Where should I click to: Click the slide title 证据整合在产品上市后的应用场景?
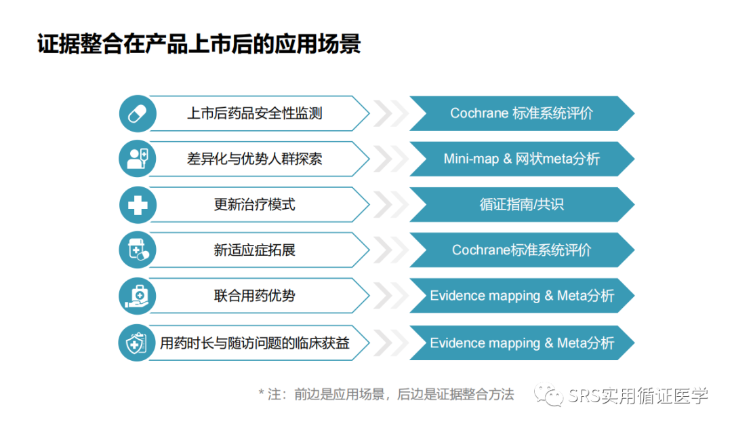tap(199, 44)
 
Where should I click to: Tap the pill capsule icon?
tap(137, 113)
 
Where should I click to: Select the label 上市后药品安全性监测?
tap(254, 113)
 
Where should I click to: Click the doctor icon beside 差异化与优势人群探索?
tap(137, 159)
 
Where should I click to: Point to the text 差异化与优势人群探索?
tap(254, 159)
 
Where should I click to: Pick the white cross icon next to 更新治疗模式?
tap(137, 205)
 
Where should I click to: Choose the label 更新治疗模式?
tap(254, 205)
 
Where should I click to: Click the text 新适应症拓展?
tap(254, 250)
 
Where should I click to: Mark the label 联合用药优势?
tap(254, 296)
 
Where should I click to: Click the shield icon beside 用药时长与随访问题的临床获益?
tap(136, 343)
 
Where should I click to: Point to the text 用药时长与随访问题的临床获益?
tap(254, 343)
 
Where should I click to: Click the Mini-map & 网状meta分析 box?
tap(522, 159)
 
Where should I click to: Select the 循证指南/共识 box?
tap(522, 205)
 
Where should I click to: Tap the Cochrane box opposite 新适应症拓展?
tap(522, 250)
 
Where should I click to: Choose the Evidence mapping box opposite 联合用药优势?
tap(522, 296)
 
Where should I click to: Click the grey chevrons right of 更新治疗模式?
tap(391, 205)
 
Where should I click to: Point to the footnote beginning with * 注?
tap(386, 394)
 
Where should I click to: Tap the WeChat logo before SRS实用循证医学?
tap(548, 395)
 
